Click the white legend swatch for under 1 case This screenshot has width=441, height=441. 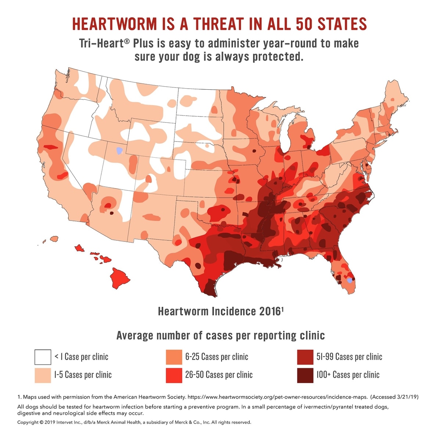tap(43, 357)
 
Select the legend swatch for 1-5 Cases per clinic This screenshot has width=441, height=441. tap(43, 375)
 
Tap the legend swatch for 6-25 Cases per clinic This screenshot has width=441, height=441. tap(174, 357)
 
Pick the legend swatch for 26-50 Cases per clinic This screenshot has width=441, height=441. tap(174, 375)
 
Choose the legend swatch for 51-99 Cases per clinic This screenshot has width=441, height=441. tap(305, 357)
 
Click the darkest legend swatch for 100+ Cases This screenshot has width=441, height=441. tap(305, 375)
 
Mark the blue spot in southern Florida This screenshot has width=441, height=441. tap(349, 281)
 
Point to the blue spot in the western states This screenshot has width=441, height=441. tap(119, 150)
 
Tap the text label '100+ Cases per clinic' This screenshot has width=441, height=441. tap(348, 375)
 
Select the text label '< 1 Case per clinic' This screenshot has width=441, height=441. tap(81, 357)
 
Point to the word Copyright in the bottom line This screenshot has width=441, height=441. tap(28, 422)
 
